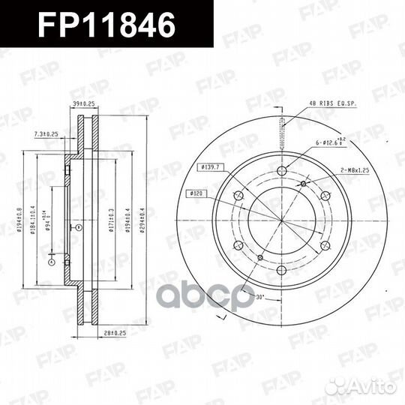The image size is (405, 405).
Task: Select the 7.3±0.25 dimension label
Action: tap(46, 133)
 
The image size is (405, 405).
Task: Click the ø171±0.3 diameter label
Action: tap(110, 218)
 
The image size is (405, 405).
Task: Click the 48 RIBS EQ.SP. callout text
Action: tap(331, 104)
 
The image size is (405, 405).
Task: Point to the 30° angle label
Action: tap(260, 297)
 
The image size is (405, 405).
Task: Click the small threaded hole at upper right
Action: tap(303, 184)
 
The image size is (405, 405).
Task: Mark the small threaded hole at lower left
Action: tap(259, 258)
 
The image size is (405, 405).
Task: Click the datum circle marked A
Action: tap(51, 263)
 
